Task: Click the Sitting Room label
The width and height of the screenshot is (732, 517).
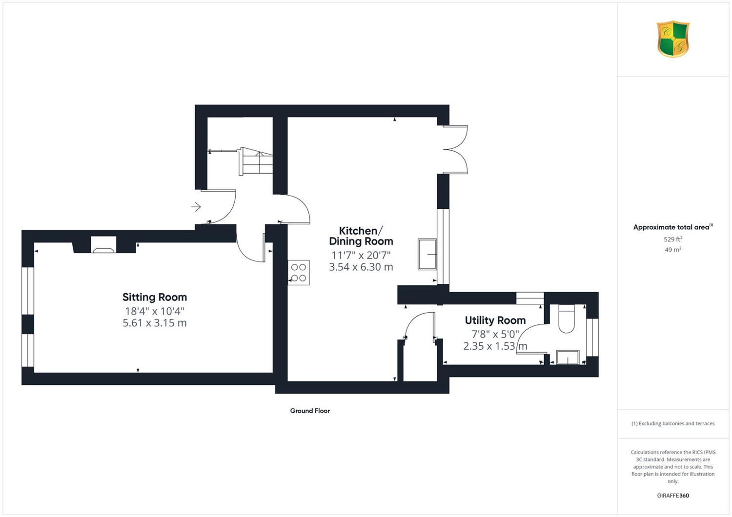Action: (155, 297)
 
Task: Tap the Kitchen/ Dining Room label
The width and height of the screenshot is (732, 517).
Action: (361, 236)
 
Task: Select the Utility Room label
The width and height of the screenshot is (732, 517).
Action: (495, 320)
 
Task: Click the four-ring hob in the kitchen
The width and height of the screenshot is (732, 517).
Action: (299, 272)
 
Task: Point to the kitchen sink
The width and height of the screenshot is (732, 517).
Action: (427, 255)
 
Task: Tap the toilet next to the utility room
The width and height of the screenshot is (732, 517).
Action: (566, 318)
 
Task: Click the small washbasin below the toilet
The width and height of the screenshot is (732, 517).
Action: (568, 358)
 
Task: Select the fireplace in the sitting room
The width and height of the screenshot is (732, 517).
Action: (103, 245)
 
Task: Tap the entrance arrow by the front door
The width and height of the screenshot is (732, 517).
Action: (196, 207)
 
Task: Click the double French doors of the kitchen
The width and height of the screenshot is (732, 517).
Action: (455, 149)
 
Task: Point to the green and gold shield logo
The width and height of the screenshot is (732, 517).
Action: (673, 39)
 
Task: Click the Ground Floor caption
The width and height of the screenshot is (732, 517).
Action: (310, 411)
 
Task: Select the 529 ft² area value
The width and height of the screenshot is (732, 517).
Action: (673, 239)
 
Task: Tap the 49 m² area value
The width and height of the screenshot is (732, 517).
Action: (673, 250)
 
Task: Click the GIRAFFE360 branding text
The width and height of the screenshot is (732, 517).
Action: (673, 496)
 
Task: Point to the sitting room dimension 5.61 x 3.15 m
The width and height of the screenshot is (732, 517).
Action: (155, 323)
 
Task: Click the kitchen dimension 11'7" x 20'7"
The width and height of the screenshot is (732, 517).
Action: (361, 255)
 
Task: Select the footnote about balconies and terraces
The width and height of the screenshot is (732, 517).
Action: (673, 423)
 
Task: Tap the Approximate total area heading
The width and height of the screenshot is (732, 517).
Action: (673, 227)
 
